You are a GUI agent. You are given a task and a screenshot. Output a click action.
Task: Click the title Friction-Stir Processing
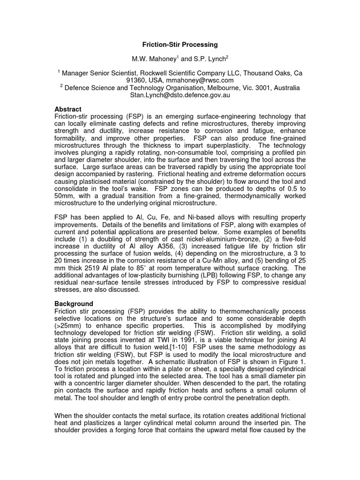[180, 45]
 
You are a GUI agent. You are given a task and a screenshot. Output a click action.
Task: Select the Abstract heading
[68, 109]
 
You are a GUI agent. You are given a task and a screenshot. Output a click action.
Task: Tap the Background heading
[74, 303]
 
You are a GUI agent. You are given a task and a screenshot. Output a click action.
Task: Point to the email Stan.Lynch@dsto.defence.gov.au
[180, 95]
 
